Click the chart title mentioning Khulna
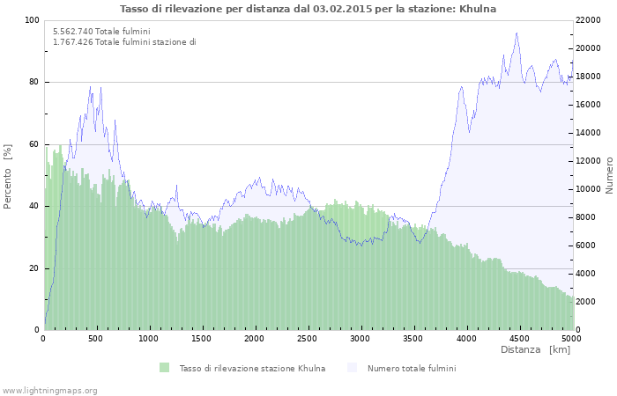pyautogui.click(x=308, y=9)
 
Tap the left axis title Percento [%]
pyautogui.click(x=8, y=175)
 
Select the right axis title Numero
pyautogui.click(x=608, y=175)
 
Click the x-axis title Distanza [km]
pyautogui.click(x=535, y=350)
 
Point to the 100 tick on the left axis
pyautogui.click(x=33, y=20)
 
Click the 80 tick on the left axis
pyautogui.click(x=34, y=82)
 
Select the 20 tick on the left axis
pyautogui.click(x=34, y=268)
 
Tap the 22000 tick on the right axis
pyautogui.click(x=588, y=20)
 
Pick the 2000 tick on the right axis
pyautogui.click(x=585, y=302)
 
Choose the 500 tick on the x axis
pyautogui.click(x=97, y=338)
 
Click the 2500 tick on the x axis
pyautogui.click(x=308, y=338)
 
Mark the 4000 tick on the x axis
pyautogui.click(x=466, y=338)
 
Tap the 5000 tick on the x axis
pyautogui.click(x=571, y=338)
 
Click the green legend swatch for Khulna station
pyautogui.click(x=164, y=368)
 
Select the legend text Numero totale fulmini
pyautogui.click(x=412, y=368)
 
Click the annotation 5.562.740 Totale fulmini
pyautogui.click(x=101, y=32)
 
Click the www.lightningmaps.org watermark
pyautogui.click(x=49, y=390)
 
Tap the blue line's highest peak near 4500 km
pyautogui.click(x=517, y=33)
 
